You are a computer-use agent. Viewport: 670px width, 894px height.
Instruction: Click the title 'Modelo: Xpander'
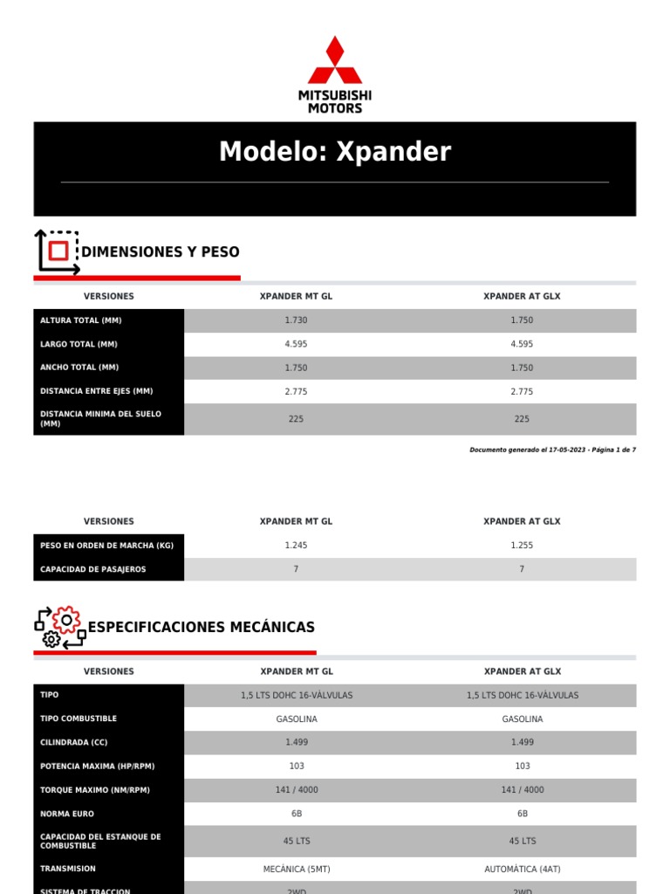[x=335, y=152]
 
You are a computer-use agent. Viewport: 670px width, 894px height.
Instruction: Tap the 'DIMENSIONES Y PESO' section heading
[x=160, y=252]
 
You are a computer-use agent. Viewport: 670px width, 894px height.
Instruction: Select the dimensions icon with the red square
[x=57, y=252]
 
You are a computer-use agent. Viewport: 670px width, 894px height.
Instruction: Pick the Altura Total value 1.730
[x=296, y=320]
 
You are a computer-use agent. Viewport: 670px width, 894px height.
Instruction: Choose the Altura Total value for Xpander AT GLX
[x=522, y=320]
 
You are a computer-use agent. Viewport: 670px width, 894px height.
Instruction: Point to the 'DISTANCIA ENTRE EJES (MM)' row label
[x=96, y=391]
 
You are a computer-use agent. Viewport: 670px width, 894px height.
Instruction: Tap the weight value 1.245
[x=296, y=546]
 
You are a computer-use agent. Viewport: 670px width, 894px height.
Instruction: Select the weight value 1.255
[x=522, y=546]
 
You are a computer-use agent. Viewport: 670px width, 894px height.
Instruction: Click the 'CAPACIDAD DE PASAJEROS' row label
[x=93, y=569]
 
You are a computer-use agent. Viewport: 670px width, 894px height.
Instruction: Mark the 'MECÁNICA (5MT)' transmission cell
[x=296, y=870]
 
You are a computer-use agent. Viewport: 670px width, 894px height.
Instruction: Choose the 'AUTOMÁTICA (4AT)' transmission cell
[x=522, y=870]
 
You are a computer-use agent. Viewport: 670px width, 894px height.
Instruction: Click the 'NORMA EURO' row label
[x=68, y=814]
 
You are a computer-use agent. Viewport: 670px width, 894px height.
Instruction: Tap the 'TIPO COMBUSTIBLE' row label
[x=79, y=719]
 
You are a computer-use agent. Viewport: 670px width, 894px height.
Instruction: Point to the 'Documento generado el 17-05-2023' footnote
[x=552, y=450]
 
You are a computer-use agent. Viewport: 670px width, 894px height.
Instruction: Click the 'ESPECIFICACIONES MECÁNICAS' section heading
[x=202, y=628]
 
